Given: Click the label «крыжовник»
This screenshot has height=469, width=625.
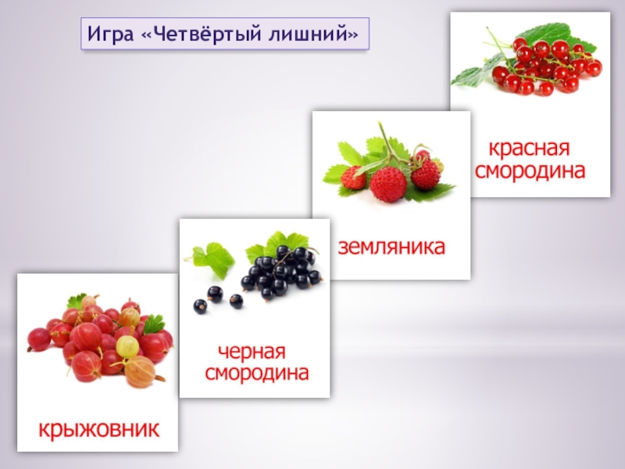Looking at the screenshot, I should pos(99,428).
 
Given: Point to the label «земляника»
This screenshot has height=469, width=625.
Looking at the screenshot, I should pos(391,248).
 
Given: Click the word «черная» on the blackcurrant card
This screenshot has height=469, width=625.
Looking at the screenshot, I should pos(252,353).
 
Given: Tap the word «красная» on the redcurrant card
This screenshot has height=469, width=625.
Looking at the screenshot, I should pos(530,149).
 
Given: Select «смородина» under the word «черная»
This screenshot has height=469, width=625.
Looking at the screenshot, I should pos(256,374).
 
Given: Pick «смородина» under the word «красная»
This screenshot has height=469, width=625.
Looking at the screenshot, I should pos(530,170).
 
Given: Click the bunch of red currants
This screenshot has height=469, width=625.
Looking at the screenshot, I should pos(543,66).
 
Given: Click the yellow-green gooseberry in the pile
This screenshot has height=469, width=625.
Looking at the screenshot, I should pos(127,345).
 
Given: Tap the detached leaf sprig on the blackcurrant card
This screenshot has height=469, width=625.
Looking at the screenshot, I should pos(210,256).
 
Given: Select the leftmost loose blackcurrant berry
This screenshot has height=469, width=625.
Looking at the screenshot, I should pos(199,306).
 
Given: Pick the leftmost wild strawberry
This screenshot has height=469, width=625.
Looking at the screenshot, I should pos(354,178).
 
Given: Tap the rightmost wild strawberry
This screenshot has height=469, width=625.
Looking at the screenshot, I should pos(426,174).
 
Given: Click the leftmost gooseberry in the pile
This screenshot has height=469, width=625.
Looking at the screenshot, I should pos(39,339).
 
